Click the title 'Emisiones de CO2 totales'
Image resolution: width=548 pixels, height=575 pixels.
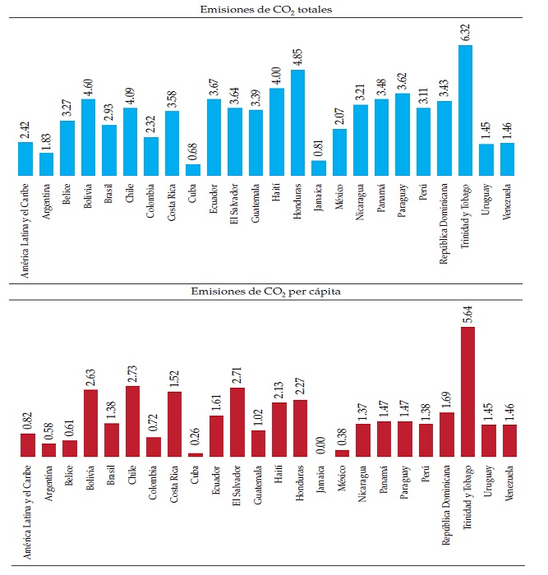(273, 9)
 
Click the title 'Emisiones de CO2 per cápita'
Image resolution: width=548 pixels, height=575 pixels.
(273, 292)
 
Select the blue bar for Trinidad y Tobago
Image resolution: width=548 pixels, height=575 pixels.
(466, 110)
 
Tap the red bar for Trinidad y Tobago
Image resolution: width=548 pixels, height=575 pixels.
(466, 392)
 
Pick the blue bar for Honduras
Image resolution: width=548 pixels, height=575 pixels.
(298, 122)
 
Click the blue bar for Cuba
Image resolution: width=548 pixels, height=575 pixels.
(193, 170)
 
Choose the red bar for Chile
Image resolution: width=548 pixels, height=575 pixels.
(131, 421)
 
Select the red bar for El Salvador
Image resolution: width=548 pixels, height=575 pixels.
(236, 422)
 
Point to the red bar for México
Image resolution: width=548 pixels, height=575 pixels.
(341, 453)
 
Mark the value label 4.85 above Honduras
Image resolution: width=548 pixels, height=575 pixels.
(298, 57)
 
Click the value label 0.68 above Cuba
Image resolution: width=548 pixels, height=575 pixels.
(193, 153)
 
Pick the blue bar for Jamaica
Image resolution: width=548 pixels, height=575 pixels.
(320, 168)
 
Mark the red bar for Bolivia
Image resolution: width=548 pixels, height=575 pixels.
(89, 423)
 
